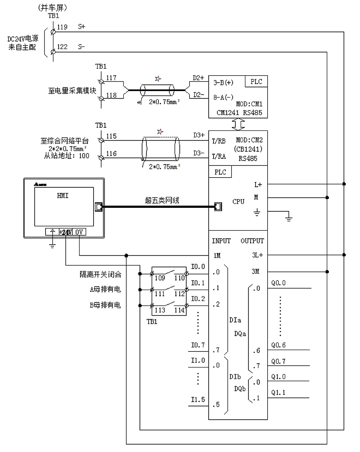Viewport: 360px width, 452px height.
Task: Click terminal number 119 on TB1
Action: click(x=62, y=27)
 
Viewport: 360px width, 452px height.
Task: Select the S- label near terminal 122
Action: click(x=82, y=47)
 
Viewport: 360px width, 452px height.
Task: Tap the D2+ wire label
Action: click(x=199, y=78)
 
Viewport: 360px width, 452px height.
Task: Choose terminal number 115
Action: click(x=112, y=136)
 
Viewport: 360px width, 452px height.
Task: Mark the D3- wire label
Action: click(x=199, y=153)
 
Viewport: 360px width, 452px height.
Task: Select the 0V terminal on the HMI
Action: click(x=79, y=232)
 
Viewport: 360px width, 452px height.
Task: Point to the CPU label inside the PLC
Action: click(x=238, y=202)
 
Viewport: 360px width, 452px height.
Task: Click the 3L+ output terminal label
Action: click(x=257, y=255)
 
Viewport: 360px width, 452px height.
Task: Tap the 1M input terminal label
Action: click(x=217, y=255)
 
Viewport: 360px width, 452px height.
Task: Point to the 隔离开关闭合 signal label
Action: click(x=100, y=274)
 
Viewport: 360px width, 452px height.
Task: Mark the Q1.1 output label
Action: click(x=278, y=392)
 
